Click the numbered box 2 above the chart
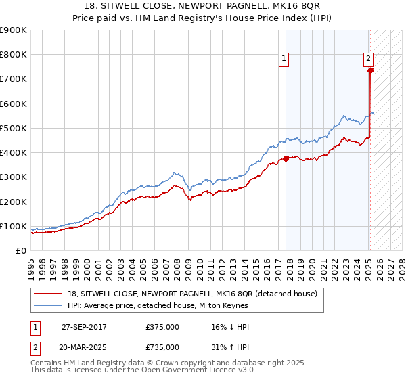[369, 59]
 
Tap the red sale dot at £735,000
[370, 70]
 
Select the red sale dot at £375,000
[286, 159]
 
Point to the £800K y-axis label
[14, 55]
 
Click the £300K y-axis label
[14, 177]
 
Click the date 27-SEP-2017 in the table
[84, 327]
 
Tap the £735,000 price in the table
[162, 347]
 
